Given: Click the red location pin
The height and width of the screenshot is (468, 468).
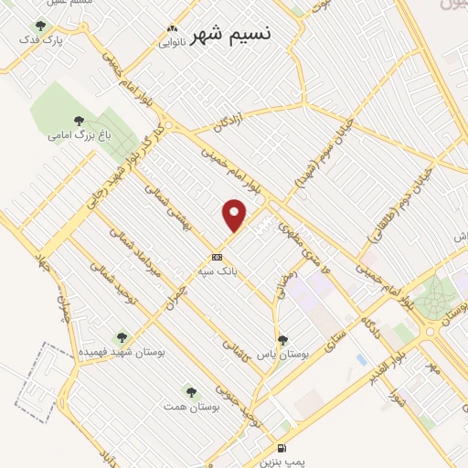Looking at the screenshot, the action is coord(235,215).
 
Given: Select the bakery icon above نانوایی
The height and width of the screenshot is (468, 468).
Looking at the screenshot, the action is coord(172,28).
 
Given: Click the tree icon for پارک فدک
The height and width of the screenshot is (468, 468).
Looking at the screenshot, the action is coord(39,27).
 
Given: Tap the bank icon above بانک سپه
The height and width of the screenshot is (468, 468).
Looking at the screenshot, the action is coord(218,256).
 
